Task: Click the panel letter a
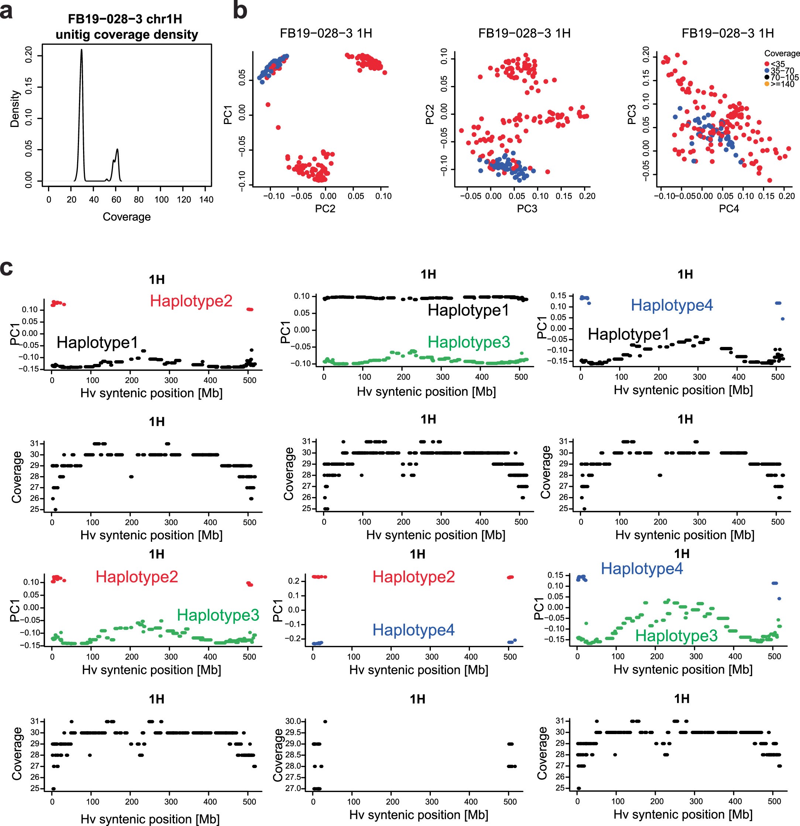(x=6, y=11)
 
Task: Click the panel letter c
(x=7, y=268)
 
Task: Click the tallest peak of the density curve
(x=81, y=50)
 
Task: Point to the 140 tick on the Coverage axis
(x=206, y=199)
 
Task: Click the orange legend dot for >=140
(x=767, y=84)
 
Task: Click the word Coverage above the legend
(x=782, y=54)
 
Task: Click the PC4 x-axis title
(x=729, y=209)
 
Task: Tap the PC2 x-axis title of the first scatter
(x=325, y=209)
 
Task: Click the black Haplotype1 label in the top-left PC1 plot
(x=97, y=342)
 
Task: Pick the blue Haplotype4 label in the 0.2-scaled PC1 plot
(x=413, y=630)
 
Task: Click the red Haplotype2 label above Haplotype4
(x=413, y=577)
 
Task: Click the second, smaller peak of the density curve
(x=117, y=149)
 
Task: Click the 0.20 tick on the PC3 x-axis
(x=587, y=196)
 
